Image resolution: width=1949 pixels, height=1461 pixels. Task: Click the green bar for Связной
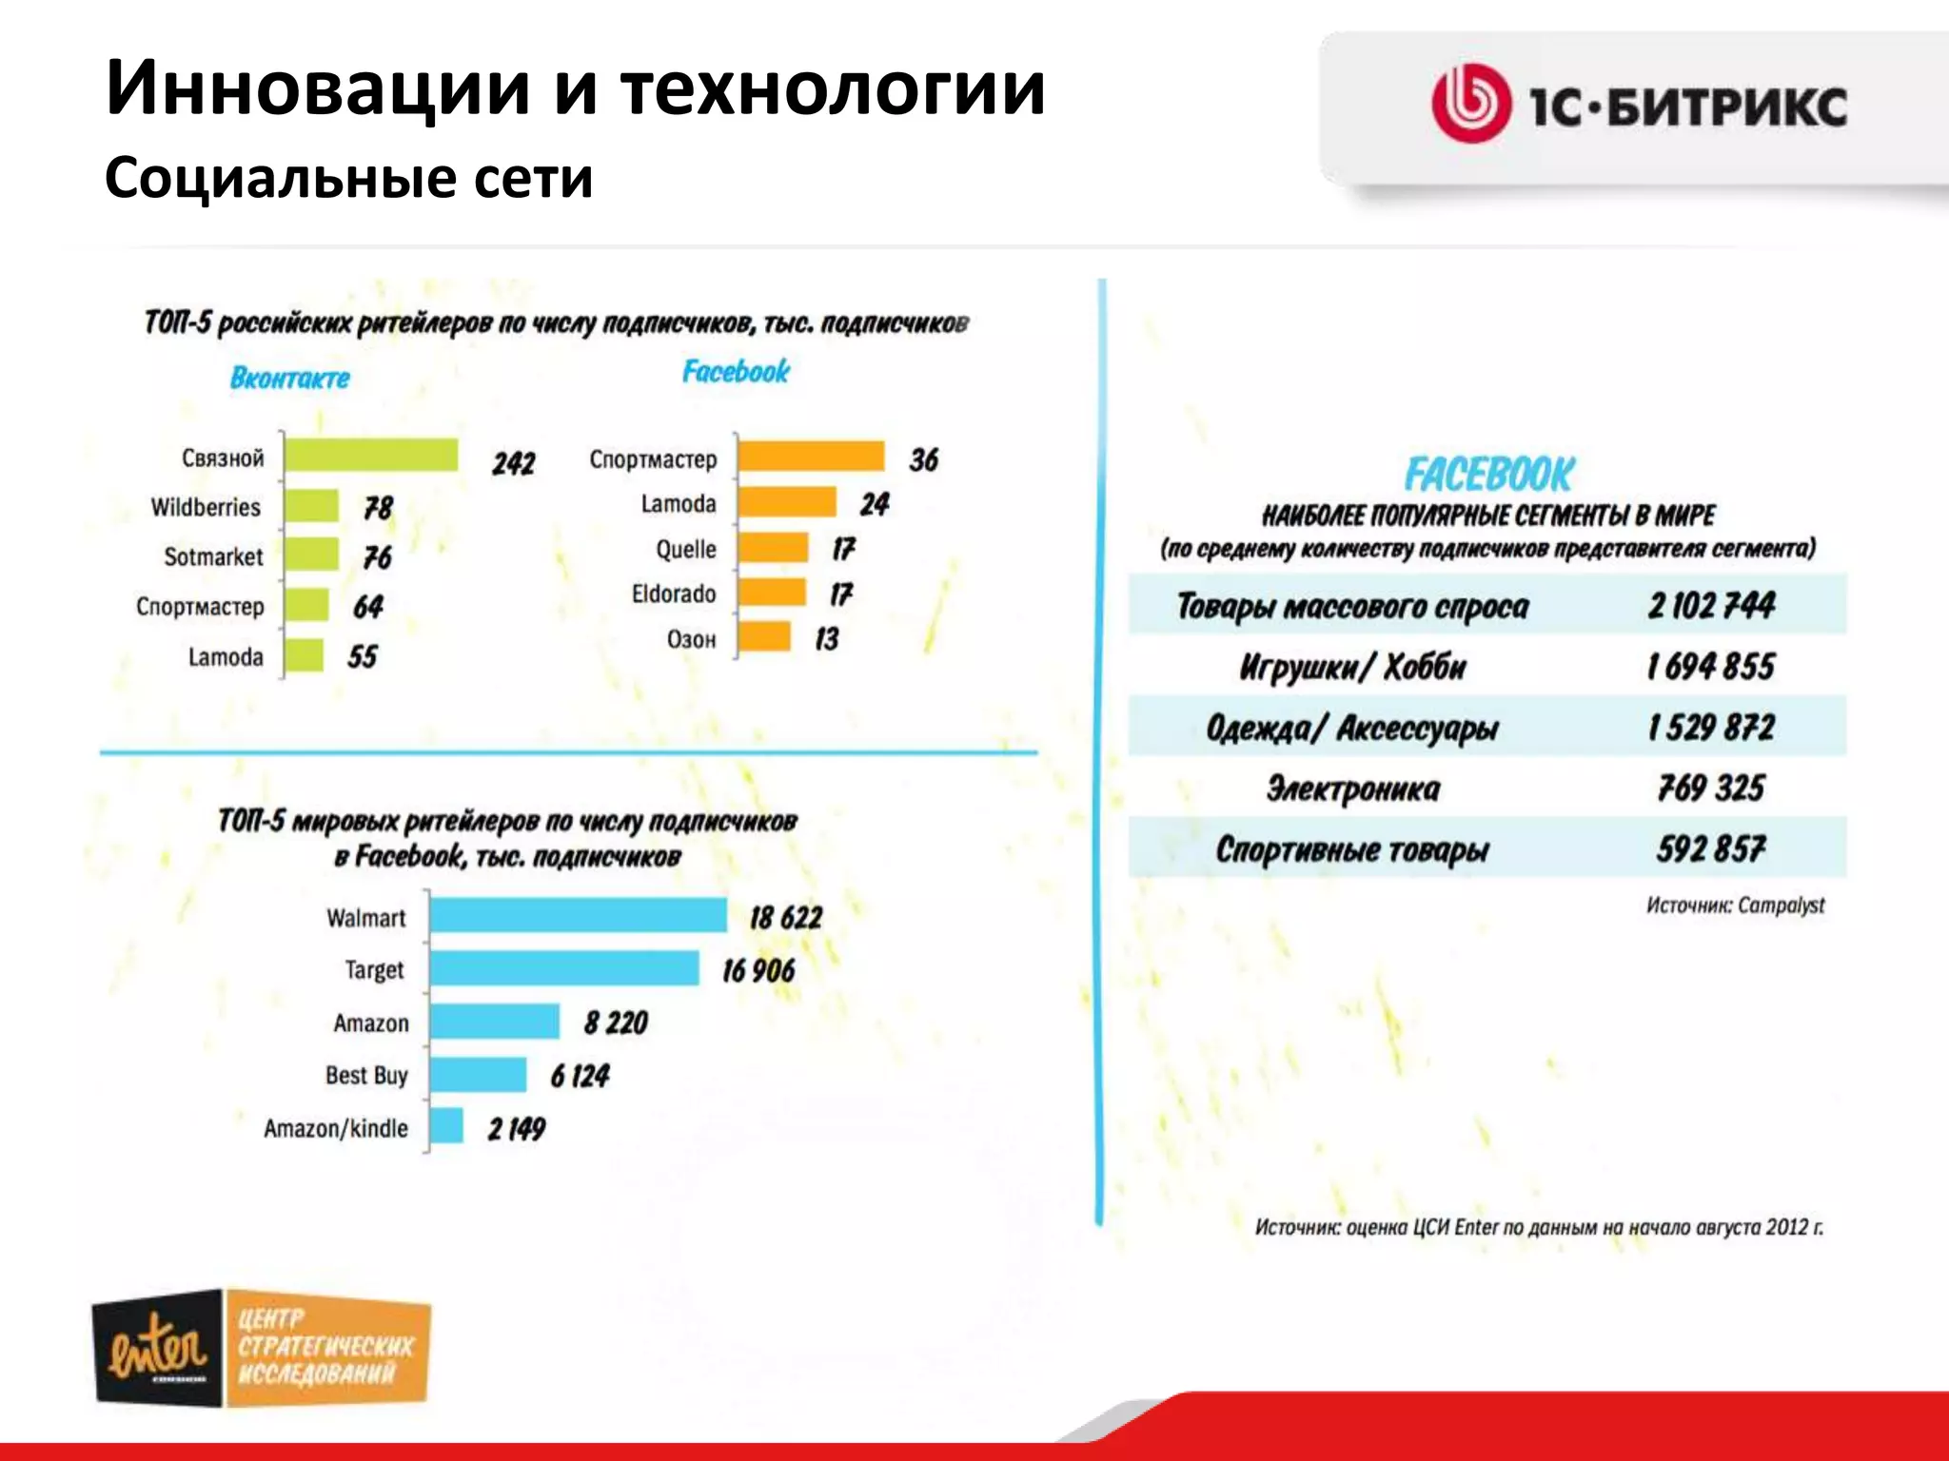(x=371, y=456)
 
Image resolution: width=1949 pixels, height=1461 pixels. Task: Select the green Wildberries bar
(x=311, y=506)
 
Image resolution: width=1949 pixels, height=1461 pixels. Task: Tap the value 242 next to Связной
(x=513, y=463)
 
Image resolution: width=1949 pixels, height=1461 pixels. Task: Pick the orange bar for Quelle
(x=773, y=548)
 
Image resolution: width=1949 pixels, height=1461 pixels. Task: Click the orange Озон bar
(x=764, y=637)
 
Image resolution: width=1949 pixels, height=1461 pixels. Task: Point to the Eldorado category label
(x=673, y=594)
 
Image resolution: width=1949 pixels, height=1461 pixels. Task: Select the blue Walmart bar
(x=578, y=915)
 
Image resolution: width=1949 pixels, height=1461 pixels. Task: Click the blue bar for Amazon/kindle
(x=446, y=1126)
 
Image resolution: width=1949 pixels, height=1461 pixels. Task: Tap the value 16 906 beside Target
(x=758, y=970)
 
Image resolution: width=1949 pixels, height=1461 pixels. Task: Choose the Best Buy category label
(x=366, y=1075)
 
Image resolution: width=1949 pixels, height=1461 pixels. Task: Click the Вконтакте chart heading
(x=289, y=378)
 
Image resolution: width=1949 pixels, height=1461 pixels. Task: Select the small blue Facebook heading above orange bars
(x=736, y=371)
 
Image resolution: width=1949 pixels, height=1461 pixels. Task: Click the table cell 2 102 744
(x=1711, y=605)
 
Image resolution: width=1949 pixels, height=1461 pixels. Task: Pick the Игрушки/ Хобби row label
(x=1351, y=667)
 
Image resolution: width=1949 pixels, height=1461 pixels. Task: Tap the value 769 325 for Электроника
(x=1711, y=788)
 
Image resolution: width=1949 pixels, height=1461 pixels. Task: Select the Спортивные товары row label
(x=1351, y=848)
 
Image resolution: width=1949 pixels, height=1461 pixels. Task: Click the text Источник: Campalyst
(x=1735, y=905)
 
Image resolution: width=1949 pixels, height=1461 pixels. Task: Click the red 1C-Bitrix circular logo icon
(x=1470, y=104)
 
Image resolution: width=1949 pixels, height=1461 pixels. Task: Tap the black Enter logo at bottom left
(x=158, y=1348)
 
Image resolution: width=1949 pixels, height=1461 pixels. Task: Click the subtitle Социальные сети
(x=348, y=178)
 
